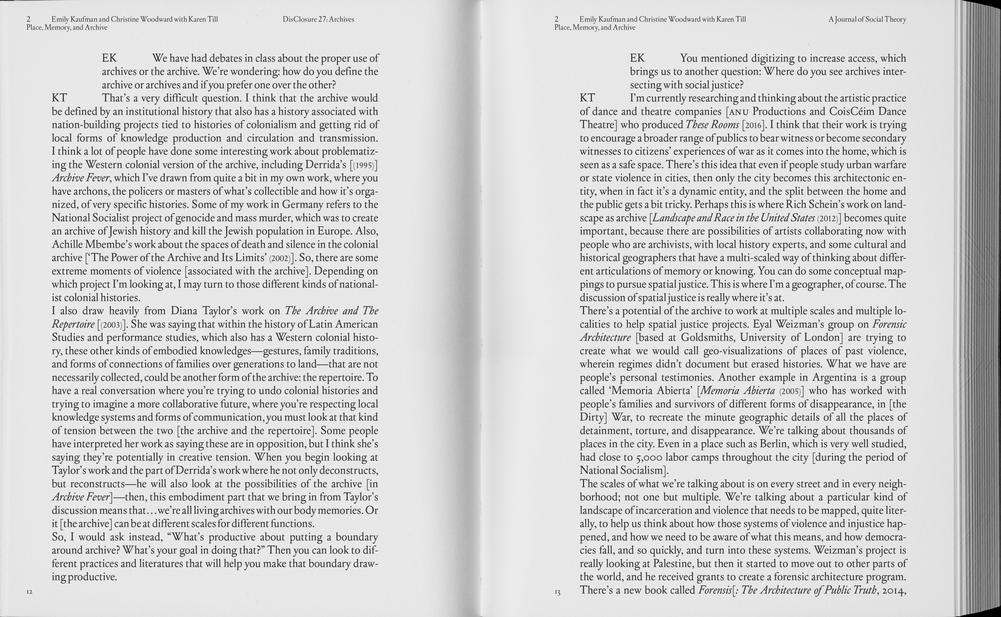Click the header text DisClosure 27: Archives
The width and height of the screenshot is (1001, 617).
(318, 19)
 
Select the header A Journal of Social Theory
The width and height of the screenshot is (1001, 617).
(867, 19)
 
